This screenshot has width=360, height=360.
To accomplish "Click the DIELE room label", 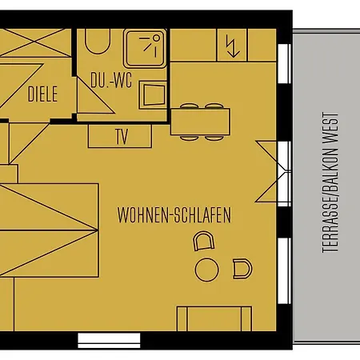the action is coord(42,94).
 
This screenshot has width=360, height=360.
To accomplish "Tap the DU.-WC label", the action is coord(111,80).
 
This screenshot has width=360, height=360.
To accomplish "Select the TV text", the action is coord(122,137).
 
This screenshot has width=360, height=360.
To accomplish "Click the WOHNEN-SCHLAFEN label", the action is coord(174,215).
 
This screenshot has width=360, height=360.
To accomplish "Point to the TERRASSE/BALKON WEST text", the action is coord(330,182).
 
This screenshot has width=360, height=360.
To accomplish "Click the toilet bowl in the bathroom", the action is coord(98,42).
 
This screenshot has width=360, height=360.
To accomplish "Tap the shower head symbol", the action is coord(150,45).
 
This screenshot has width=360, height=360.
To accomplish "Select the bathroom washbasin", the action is coord(154,95).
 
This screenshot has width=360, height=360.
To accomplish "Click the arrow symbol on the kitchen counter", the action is coord(232,46).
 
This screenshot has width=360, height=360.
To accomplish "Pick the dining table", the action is coord(200,122).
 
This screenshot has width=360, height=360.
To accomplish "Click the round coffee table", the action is coord(207,270).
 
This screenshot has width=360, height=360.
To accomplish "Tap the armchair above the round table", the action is coord(203,241).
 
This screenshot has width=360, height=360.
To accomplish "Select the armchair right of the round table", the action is coord(242,269).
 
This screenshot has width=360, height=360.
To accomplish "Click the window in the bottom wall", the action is coord(109,341).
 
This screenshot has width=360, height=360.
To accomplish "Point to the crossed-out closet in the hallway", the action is coord(35,42).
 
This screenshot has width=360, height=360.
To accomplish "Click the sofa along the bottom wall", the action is coord(214,318).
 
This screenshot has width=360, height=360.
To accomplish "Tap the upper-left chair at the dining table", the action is coord(189,106).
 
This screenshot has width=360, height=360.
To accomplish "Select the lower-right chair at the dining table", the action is coord(214,138).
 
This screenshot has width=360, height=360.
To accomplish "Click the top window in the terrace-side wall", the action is coord(285,63).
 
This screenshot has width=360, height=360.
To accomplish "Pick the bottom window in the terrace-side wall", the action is coord(285,271).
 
